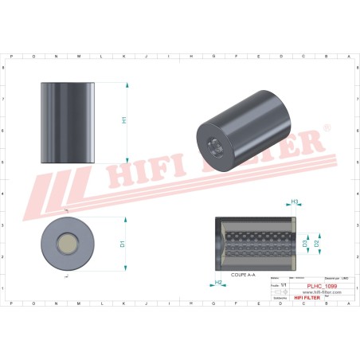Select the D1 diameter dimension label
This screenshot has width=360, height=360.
(123, 243)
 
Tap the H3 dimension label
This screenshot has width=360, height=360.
(294, 202)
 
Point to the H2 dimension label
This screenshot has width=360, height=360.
(217, 282)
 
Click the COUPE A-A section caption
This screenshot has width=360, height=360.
(242, 274)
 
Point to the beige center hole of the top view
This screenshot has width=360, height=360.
(68, 242)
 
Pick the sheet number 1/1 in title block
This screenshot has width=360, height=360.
(276, 285)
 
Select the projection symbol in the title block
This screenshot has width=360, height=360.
(279, 292)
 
